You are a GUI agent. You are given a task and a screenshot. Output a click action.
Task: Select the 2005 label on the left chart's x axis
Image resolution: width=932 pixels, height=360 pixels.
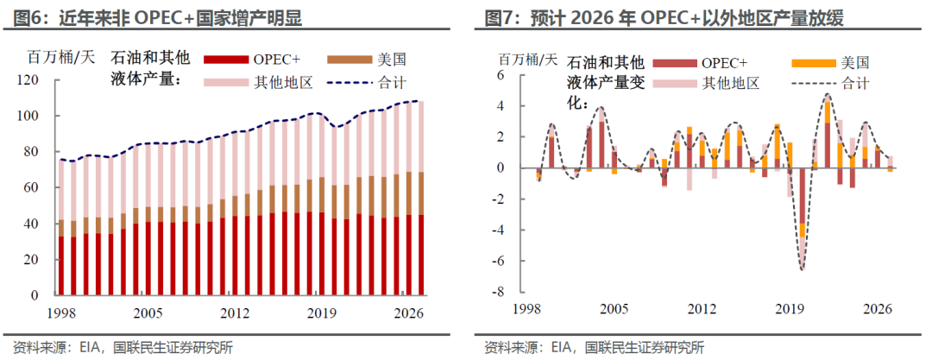(150, 313)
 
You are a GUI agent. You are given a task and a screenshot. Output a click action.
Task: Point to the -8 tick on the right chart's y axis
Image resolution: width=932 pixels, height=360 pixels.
(497, 292)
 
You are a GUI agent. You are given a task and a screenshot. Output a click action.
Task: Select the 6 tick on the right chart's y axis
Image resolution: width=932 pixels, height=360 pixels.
(500, 75)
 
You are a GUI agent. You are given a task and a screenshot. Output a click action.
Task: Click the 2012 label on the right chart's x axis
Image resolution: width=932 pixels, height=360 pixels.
(702, 309)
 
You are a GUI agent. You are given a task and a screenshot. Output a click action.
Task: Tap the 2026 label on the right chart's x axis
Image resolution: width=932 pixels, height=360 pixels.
(878, 309)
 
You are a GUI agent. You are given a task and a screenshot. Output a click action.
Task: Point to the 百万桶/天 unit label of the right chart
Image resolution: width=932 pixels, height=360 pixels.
(527, 60)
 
